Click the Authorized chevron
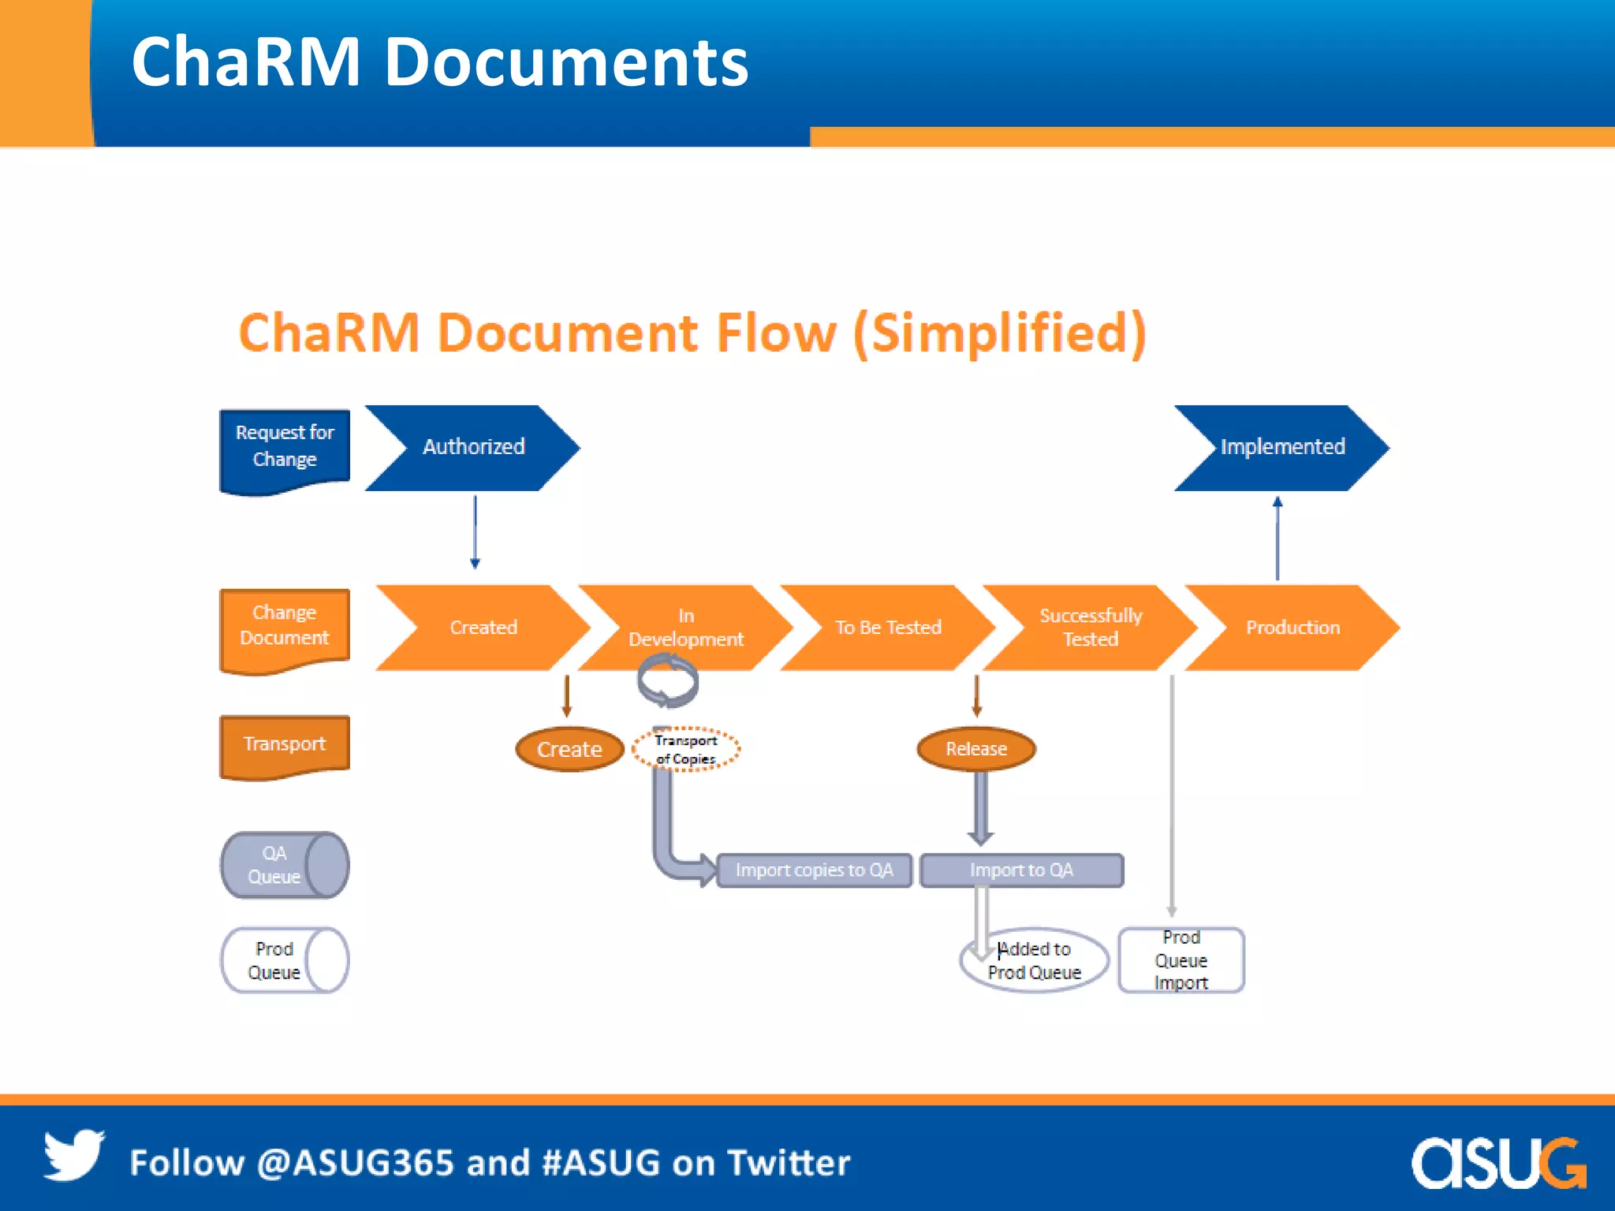coord(473,447)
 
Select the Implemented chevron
coord(1282,447)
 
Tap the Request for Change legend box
coord(285,447)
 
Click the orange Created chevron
coord(483,628)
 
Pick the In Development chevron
coord(685,628)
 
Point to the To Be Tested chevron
coord(888,628)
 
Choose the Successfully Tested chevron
coord(1091,628)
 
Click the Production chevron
coord(1292,628)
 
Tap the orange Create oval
coord(569,749)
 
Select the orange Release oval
coord(976,749)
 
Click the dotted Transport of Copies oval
coord(686,749)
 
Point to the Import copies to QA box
coord(814,870)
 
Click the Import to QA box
coord(1021,870)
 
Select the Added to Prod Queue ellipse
coord(1035,960)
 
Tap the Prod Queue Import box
coord(1180,960)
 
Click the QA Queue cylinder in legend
coord(285,865)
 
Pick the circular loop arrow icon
coord(668,681)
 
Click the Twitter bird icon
coord(73,1155)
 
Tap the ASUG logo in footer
coord(1498,1162)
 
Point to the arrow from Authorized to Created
coord(475,532)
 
